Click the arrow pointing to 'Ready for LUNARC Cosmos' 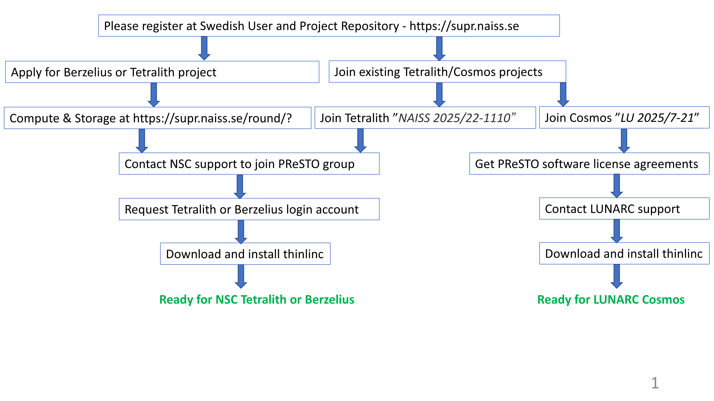coord(617,276)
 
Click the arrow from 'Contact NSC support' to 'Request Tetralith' coord(240,187)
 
